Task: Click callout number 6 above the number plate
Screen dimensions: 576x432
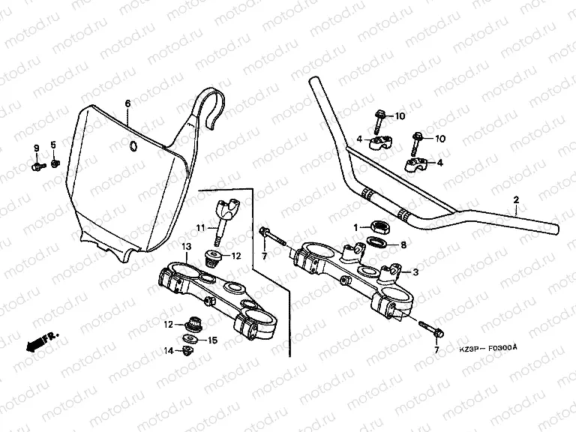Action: pos(127,103)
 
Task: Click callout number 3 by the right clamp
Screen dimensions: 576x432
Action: pos(416,271)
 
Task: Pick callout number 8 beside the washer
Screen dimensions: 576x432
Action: pos(403,244)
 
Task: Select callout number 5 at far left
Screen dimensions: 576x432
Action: pos(53,144)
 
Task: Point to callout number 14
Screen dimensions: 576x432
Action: pos(169,350)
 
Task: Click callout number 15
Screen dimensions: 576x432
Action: pos(212,340)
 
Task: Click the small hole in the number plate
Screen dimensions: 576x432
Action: pos(133,145)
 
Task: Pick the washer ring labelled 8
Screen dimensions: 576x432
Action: pos(376,243)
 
